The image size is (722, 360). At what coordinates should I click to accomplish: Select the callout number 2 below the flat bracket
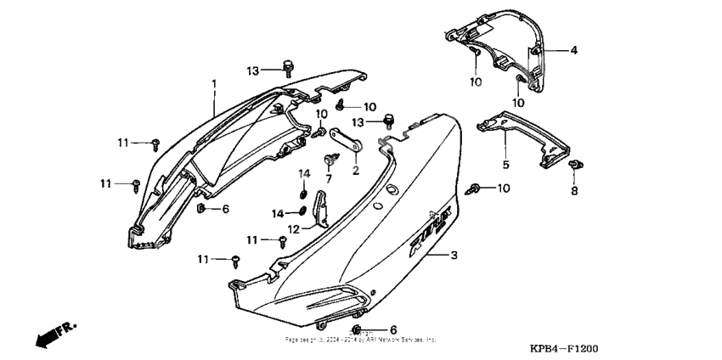(x=356, y=170)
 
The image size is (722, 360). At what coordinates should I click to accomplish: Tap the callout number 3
(x=454, y=255)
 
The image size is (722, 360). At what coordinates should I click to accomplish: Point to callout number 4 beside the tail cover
(x=573, y=51)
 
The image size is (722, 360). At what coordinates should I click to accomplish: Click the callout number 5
(x=505, y=164)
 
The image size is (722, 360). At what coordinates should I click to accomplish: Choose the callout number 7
(x=329, y=180)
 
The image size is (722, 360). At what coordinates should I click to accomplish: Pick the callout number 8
(x=573, y=192)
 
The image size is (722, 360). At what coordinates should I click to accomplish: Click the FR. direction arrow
(x=52, y=335)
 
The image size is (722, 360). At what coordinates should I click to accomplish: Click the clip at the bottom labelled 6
(x=358, y=329)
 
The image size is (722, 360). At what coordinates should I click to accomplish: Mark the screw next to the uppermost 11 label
(x=156, y=143)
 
